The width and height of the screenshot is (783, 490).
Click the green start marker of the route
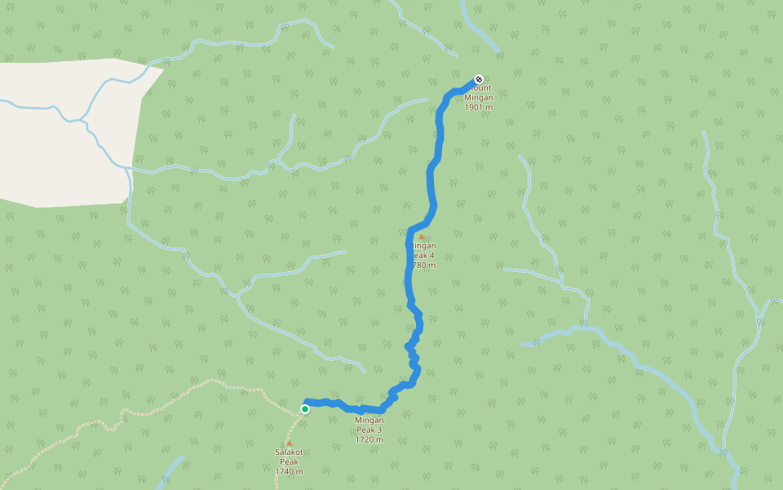point(304,409)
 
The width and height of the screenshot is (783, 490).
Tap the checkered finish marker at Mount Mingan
point(478,79)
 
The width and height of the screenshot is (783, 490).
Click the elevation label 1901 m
point(479,107)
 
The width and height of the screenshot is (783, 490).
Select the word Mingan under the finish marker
point(479,97)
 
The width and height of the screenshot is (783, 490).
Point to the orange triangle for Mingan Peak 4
point(422,237)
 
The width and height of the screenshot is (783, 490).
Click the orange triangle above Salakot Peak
point(289,443)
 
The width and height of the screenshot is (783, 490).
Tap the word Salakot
point(289,452)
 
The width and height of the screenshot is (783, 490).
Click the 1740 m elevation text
point(289,471)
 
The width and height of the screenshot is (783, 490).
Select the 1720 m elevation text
point(369,439)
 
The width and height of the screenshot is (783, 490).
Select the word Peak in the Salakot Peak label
point(289,461)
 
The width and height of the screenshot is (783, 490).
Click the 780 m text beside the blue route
point(425,265)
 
